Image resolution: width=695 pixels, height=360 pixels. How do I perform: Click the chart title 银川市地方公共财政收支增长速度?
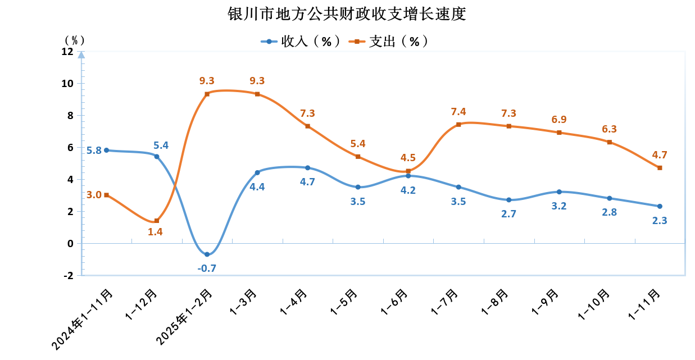pyautogui.click(x=347, y=14)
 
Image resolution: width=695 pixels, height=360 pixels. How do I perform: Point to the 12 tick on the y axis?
pyautogui.click(x=67, y=52)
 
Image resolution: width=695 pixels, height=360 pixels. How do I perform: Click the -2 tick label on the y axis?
pyautogui.click(x=68, y=275)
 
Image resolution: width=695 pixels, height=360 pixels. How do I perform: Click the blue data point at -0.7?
pyautogui.click(x=207, y=254)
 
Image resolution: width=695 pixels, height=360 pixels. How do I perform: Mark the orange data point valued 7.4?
pyautogui.click(x=458, y=124)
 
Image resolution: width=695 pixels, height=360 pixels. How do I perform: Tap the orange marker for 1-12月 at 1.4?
pyautogui.click(x=157, y=221)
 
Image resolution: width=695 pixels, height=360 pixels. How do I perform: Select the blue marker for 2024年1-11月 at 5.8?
pyautogui.click(x=106, y=150)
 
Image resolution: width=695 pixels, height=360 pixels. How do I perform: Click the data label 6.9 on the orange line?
pyautogui.click(x=559, y=120)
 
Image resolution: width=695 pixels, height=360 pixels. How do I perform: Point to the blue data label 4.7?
pyautogui.click(x=307, y=182)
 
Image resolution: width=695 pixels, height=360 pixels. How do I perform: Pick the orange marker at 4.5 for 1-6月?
pyautogui.click(x=408, y=171)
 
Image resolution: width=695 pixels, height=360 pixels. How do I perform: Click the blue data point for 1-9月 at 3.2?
pyautogui.click(x=559, y=192)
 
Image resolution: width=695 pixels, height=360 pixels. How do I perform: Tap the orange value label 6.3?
pyautogui.click(x=609, y=129)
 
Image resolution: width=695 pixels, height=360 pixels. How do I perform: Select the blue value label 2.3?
pyautogui.click(x=660, y=221)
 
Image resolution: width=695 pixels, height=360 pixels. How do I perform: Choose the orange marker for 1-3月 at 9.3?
pyautogui.click(x=257, y=94)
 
